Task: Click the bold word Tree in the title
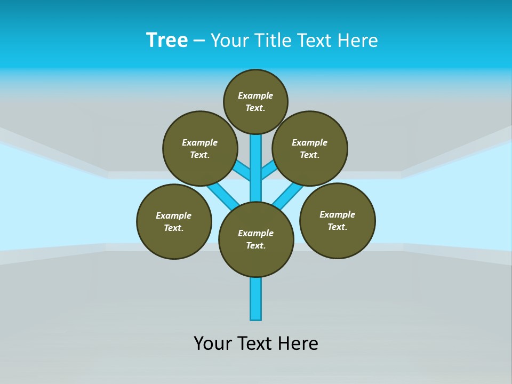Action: pyautogui.click(x=167, y=41)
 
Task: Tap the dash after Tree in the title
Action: pyautogui.click(x=199, y=41)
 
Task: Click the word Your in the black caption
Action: pyautogui.click(x=213, y=343)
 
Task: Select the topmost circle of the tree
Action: pyautogui.click(x=255, y=101)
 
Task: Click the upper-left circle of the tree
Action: pyautogui.click(x=200, y=148)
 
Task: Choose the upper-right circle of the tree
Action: pyautogui.click(x=310, y=148)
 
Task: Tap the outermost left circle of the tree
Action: pyautogui.click(x=174, y=221)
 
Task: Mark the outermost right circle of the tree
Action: pyautogui.click(x=338, y=220)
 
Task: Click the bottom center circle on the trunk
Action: pyautogui.click(x=256, y=239)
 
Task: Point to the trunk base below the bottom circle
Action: pyautogui.click(x=256, y=299)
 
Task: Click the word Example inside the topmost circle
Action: pyautogui.click(x=255, y=95)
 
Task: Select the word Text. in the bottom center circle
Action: pyautogui.click(x=255, y=245)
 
